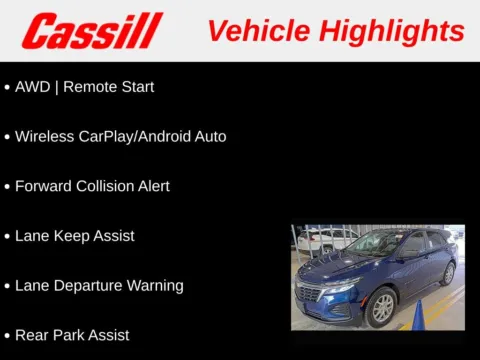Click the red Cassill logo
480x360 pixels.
coord(91,31)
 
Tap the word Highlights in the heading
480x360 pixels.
coord(393,30)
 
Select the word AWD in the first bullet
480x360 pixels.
coord(32,87)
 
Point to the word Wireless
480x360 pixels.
coord(44,136)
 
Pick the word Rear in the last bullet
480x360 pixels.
coord(32,335)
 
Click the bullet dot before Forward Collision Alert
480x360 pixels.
coord(7,187)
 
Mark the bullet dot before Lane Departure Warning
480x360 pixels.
coord(7,286)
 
